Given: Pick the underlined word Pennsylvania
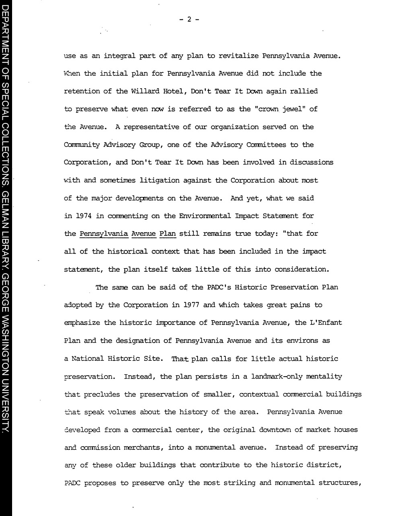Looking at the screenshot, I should click(104, 234).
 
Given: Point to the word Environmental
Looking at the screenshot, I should click(205, 216).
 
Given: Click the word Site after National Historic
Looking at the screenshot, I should click(151, 359).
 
